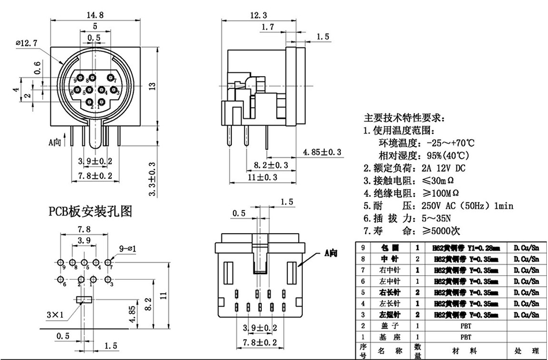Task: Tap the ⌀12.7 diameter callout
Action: point(27,42)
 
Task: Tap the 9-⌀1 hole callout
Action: point(128,249)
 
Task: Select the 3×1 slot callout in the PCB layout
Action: point(56,314)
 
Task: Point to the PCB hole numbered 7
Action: point(107,262)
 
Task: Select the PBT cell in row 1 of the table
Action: point(466,337)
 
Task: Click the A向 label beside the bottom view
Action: point(331,253)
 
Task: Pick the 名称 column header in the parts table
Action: point(385,350)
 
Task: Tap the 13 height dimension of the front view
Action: point(152,87)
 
